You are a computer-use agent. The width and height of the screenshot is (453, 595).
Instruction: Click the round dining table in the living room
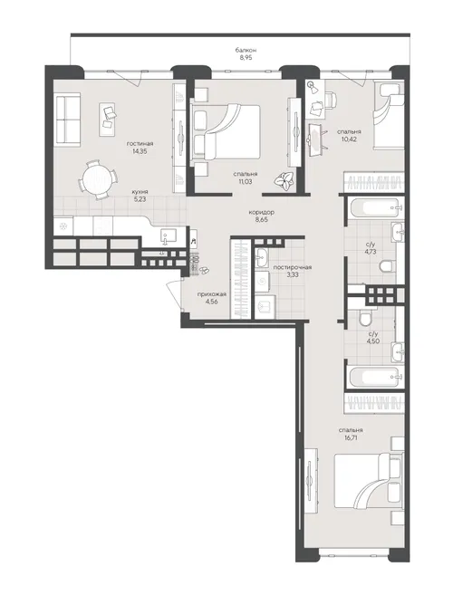pos(96,179)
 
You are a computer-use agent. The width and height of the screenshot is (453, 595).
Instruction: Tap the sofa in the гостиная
pos(68,120)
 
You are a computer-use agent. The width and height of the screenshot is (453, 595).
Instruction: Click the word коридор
pos(261,213)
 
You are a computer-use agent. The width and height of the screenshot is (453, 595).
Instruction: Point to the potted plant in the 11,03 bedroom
pos(284,179)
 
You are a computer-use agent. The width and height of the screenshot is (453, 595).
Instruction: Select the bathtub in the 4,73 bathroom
pos(373,209)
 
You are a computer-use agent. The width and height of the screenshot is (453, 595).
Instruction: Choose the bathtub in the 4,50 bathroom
pos(373,378)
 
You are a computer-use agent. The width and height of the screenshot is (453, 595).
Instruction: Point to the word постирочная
pos(293,267)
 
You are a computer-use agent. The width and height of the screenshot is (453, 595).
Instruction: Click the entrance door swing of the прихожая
pos(176,295)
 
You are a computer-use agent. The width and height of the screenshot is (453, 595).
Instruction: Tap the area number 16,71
pos(350,437)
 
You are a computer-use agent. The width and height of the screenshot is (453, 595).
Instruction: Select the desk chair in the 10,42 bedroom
pos(331,100)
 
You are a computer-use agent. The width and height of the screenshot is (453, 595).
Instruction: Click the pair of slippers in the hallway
pos(204,270)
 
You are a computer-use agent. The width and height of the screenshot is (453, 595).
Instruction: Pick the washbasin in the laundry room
pos(262,258)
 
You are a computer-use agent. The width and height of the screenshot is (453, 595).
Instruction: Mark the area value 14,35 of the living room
pos(139,151)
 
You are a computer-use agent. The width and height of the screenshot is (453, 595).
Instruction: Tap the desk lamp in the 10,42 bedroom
pos(313,86)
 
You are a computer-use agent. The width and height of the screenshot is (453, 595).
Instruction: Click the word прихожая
pos(212,294)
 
